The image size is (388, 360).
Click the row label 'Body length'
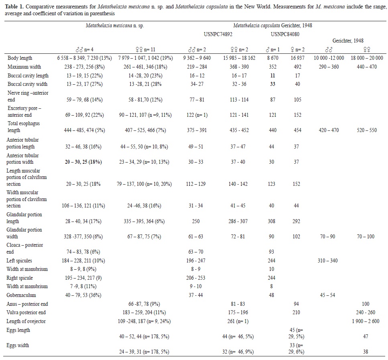pos(20,58)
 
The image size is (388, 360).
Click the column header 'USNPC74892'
pos(218,34)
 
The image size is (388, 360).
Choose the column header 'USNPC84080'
pos(285,34)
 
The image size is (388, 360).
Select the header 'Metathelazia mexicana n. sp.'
pos(115,25)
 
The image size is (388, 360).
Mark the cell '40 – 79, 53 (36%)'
pos(85,295)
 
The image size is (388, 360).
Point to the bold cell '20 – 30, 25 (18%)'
pos(84,162)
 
